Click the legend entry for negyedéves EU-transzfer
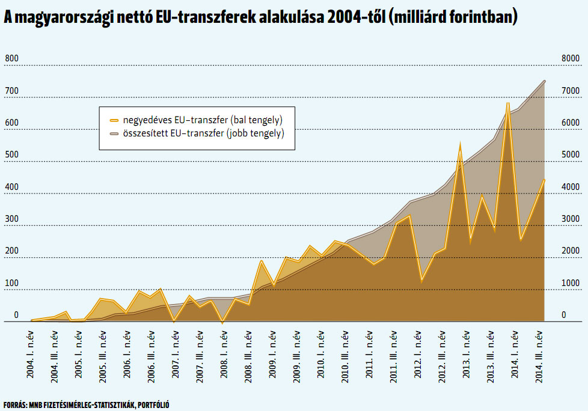tap(196, 120)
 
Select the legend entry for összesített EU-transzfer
tap(197, 133)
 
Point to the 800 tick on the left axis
tap(11, 58)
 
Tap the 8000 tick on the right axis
tap(571, 58)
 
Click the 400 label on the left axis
tap(11, 187)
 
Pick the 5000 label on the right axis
tap(571, 155)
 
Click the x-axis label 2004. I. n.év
tap(31, 354)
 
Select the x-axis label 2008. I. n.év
tap(224, 354)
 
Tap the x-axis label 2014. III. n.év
tap(539, 356)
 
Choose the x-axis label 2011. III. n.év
tap(393, 356)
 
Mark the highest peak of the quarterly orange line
tap(508, 103)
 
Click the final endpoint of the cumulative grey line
tap(544, 81)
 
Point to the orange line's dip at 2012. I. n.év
tap(422, 281)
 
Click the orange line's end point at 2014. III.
tap(544, 180)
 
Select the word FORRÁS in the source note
tap(15, 404)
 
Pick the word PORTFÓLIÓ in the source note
tap(153, 404)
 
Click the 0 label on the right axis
tap(563, 315)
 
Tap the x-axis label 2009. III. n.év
tap(296, 356)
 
